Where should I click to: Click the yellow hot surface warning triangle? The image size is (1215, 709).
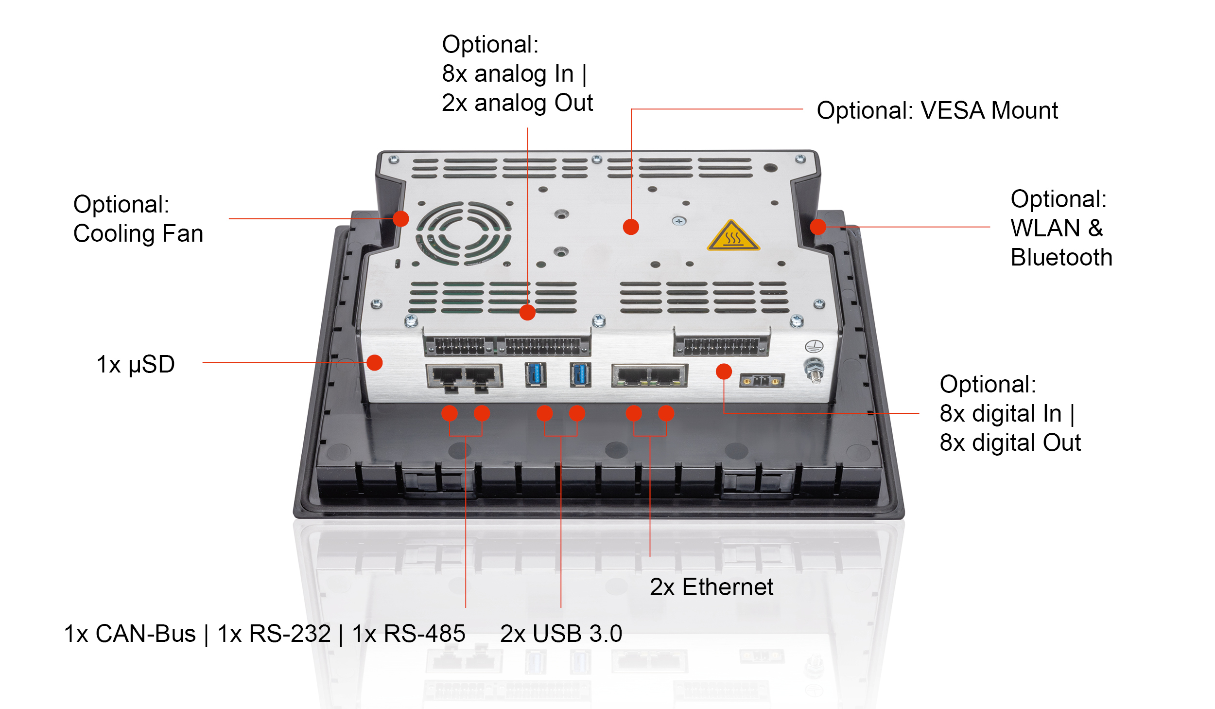[x=732, y=237]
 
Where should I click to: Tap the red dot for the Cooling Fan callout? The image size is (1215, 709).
[x=400, y=219]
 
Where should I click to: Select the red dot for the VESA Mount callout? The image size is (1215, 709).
[x=631, y=227]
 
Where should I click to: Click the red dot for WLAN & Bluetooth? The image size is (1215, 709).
[x=818, y=227]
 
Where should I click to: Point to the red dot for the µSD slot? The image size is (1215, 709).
[x=375, y=362]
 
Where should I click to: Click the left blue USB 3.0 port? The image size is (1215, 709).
[x=536, y=374]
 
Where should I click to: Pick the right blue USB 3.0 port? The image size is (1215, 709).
[x=580, y=374]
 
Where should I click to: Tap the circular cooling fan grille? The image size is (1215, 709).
[x=463, y=233]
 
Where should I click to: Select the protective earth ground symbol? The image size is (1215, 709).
[x=814, y=346]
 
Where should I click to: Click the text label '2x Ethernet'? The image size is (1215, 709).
[x=711, y=587]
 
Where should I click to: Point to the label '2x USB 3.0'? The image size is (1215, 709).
[x=561, y=634]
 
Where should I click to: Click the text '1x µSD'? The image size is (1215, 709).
[x=136, y=364]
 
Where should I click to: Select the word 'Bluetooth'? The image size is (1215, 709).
[x=1061, y=257]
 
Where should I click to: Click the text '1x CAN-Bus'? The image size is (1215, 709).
[x=130, y=634]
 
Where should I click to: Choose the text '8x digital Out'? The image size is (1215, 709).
[x=1010, y=443]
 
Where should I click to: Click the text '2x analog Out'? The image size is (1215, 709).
[x=517, y=103]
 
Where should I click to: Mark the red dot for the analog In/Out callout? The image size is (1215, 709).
[x=527, y=312]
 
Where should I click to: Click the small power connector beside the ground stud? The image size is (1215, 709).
[x=762, y=381]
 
